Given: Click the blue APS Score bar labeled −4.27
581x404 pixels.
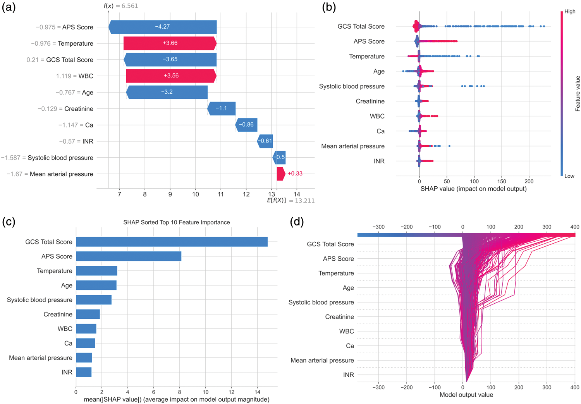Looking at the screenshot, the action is (163, 27).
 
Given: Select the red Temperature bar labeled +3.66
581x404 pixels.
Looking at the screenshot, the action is (170, 43).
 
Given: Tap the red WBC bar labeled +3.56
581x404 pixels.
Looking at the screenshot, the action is (171, 76).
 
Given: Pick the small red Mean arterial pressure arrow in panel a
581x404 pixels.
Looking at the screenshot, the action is (281, 174).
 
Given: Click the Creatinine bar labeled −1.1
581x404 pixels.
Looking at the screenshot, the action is (222, 108).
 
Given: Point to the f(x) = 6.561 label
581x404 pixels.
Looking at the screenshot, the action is (121, 6).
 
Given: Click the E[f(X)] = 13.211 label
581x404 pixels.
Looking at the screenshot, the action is (291, 200).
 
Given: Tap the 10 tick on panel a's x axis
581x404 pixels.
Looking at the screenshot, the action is (196, 194).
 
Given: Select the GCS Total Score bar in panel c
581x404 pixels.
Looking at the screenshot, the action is (172, 242).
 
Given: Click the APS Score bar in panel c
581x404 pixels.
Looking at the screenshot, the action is (129, 256).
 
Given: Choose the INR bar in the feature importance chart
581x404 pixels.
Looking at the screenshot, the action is (84, 372).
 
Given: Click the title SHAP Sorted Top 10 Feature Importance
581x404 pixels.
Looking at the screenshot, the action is (176, 222).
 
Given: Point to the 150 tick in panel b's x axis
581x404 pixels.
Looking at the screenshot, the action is (502, 181).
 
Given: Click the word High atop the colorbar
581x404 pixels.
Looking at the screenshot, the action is (570, 11).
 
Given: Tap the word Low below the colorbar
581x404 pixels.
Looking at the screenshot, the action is (569, 176).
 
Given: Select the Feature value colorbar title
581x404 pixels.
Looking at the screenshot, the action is (578, 94).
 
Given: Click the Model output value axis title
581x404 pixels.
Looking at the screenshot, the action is (466, 395).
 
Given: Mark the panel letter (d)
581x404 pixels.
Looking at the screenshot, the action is (297, 222).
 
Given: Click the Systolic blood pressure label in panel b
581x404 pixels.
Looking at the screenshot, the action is (352, 86).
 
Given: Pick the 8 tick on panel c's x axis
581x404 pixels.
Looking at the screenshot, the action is (179, 392).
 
